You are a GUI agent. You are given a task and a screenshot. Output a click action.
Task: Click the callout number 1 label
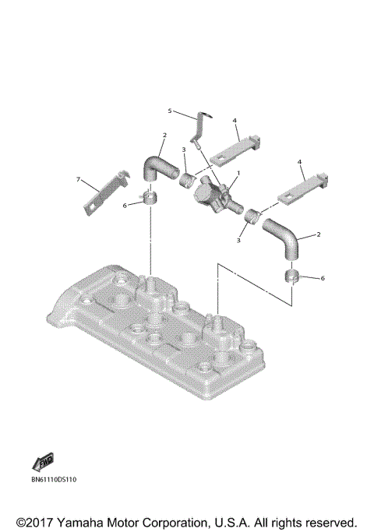pyautogui.click(x=238, y=171)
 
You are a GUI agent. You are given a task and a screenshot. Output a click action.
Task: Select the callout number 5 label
pyautogui.click(x=170, y=111)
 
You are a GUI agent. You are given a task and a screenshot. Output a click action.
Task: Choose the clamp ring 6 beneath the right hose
pyautogui.click(x=295, y=278)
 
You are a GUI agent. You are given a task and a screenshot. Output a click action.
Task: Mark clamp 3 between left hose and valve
pyautogui.click(x=187, y=182)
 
